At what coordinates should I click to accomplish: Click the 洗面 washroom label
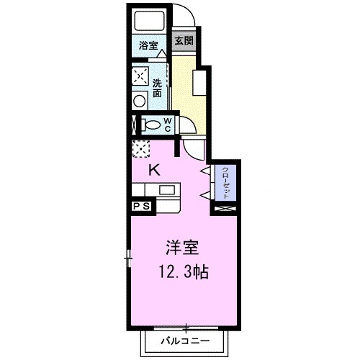pos(158,88)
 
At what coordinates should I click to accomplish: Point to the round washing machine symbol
pos(138,101)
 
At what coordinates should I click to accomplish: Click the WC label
pos(166,125)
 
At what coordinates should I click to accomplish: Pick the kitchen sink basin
pos(168,191)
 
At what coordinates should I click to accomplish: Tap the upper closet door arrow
pos(206,170)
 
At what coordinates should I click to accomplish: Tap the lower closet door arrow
pos(206,195)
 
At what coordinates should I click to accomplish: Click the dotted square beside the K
pos(139,149)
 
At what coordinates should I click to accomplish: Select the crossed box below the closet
pos(225,210)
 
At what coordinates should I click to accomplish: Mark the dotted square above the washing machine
pos(138,76)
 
